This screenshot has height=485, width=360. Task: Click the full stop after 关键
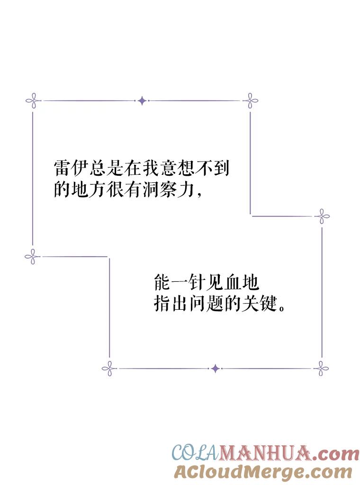click(281, 308)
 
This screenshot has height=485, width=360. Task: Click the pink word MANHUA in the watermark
click(265, 453)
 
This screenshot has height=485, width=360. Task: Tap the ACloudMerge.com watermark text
click(263, 472)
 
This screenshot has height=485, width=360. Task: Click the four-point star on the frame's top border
click(142, 100)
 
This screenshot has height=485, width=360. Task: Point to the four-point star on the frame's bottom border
click(216, 368)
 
